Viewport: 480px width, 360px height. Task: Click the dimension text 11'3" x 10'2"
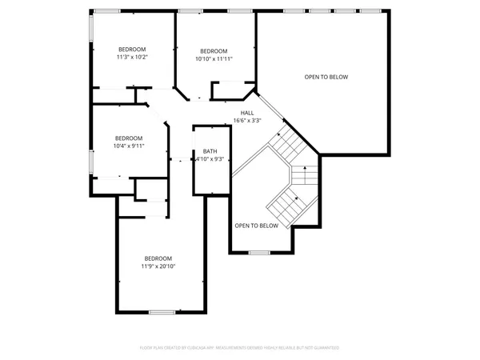[x=132, y=58]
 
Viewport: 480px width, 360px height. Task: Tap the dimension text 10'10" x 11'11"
[x=214, y=58]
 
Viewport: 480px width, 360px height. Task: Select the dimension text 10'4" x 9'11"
[x=129, y=145]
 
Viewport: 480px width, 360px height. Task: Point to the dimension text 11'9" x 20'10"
[x=158, y=266]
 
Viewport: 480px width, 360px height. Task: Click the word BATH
[x=210, y=151]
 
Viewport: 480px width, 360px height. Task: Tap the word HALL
[x=247, y=113]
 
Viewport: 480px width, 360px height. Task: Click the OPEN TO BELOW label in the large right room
[x=326, y=77]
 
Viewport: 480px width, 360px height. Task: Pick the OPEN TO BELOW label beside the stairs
[x=256, y=226]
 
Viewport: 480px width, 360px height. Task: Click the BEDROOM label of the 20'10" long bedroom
[x=158, y=258]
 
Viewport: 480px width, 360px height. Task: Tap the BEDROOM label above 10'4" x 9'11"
[x=129, y=137]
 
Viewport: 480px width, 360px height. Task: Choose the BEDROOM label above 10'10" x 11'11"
[x=214, y=50]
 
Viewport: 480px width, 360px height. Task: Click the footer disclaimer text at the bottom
[x=240, y=348]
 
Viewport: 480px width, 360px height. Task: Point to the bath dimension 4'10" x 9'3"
[x=210, y=159]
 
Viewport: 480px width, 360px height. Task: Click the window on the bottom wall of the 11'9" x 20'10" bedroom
[x=162, y=312]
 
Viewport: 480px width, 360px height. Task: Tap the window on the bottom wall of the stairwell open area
[x=258, y=253]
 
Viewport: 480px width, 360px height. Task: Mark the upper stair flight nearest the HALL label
[x=284, y=144]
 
